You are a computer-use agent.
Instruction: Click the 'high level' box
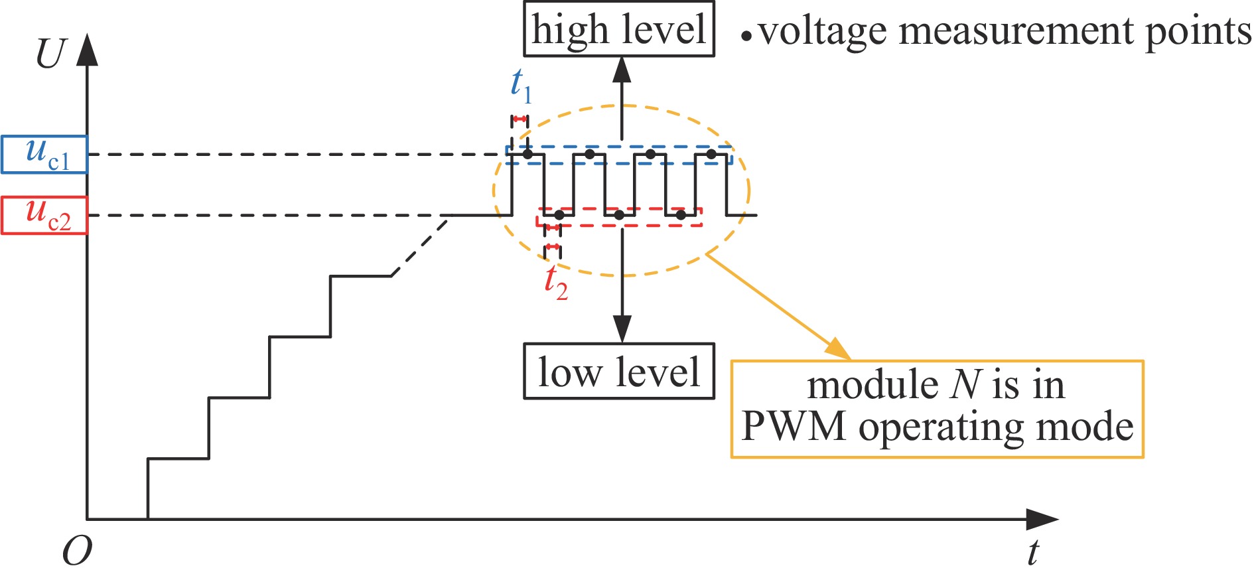coord(618,30)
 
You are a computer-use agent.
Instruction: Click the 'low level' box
coord(618,371)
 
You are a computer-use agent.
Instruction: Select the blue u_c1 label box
coord(44,155)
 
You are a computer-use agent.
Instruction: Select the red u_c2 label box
coord(44,216)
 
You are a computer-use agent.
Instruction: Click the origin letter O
coord(77,551)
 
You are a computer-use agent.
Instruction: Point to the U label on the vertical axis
coord(50,54)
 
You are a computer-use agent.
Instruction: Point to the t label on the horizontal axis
coord(1032,552)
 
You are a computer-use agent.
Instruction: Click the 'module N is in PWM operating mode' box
coord(936,409)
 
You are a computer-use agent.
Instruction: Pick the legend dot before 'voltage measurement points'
coord(747,36)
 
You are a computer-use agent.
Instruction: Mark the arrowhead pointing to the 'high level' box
coord(622,69)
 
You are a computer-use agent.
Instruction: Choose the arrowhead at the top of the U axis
coord(87,50)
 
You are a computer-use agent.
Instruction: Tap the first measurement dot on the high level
coord(527,155)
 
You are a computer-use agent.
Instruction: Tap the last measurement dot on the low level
coord(681,215)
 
